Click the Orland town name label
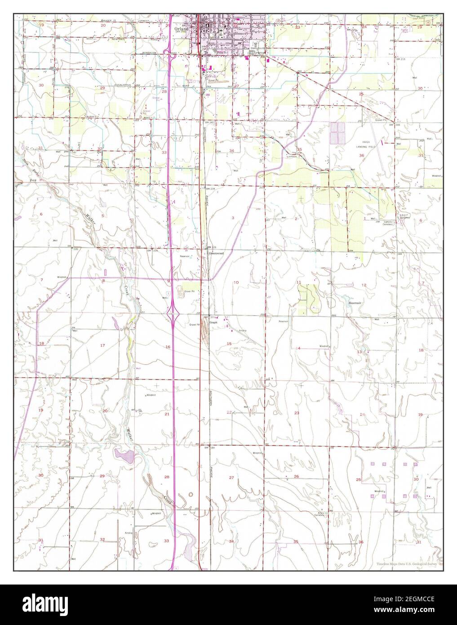click(182, 28)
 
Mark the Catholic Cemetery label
click(388, 223)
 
